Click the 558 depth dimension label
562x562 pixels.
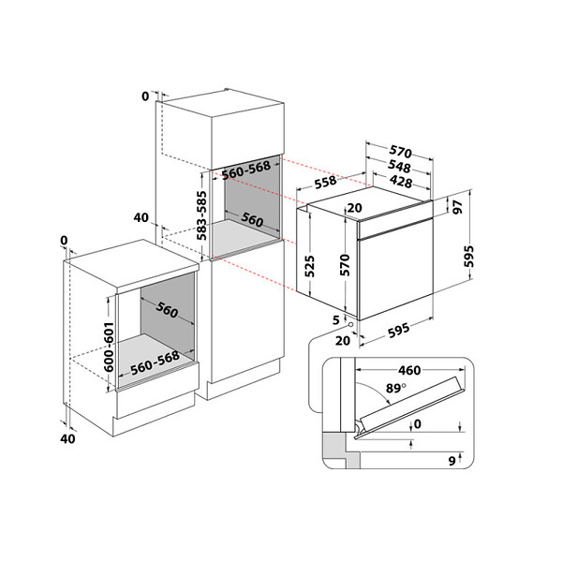click(325, 182)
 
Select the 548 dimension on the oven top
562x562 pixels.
click(399, 167)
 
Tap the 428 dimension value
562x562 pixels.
click(401, 182)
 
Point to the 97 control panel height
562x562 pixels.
click(458, 208)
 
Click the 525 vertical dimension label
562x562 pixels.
click(310, 266)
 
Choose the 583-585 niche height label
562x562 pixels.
click(201, 215)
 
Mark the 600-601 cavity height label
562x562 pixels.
click(109, 347)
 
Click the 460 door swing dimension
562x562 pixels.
click(409, 370)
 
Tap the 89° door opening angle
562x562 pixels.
click(396, 388)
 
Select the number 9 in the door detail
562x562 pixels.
click(452, 461)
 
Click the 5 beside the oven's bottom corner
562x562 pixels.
click(336, 319)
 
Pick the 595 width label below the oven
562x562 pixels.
click(399, 330)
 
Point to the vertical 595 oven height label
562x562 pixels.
click(469, 257)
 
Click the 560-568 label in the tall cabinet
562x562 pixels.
click(245, 170)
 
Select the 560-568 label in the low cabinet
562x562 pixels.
click(155, 362)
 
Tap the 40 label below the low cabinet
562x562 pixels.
click(67, 438)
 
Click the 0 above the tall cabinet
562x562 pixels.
click(145, 96)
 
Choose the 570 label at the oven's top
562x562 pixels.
click(400, 152)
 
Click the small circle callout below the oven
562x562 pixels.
click(350, 324)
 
